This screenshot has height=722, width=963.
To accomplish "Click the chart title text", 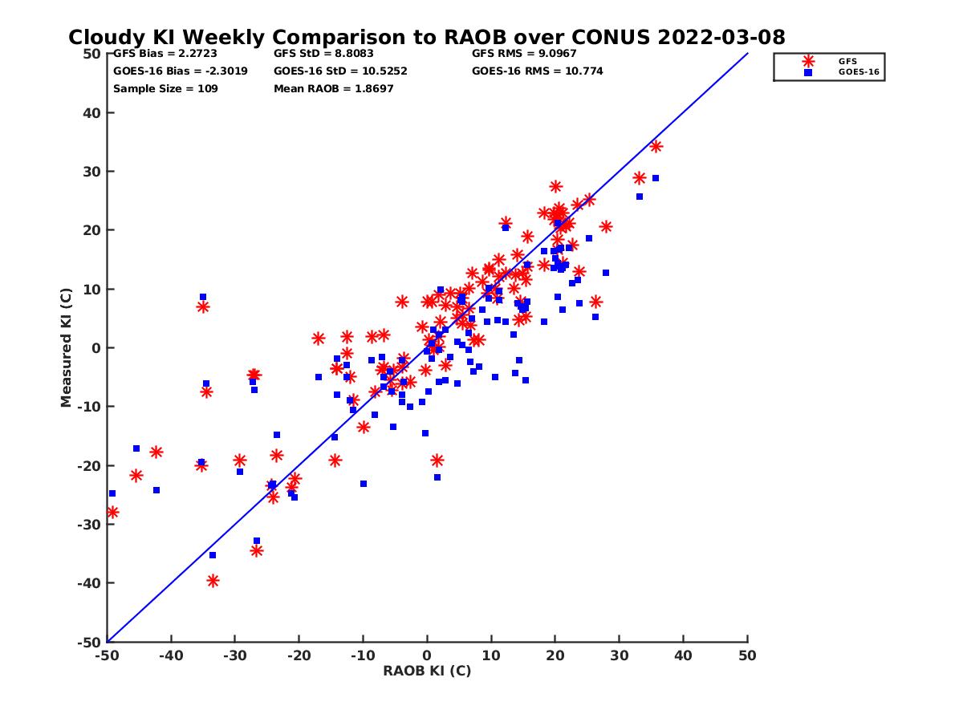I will point(426,38).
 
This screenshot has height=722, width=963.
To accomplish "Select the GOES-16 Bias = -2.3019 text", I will point(180,71).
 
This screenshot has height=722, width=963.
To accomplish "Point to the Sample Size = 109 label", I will point(165,88).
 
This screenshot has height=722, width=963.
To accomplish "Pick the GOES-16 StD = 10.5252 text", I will point(340,71).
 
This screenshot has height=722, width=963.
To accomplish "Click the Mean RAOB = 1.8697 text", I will point(333,88).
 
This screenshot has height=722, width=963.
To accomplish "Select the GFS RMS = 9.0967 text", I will point(524,54).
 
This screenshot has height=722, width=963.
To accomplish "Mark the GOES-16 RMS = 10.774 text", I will point(537,71).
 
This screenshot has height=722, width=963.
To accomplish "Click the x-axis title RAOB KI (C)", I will point(427,671).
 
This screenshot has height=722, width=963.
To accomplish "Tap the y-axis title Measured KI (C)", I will point(66,347).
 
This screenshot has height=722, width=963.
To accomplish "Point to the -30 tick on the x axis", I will point(234,655).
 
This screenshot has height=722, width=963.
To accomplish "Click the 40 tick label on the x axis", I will point(683,655).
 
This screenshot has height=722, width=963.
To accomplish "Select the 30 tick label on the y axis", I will point(91,172).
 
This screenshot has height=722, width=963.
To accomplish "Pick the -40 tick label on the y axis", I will point(88,583).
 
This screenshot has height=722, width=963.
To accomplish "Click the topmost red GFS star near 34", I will point(656,146).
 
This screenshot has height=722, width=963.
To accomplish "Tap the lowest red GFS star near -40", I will point(213,581).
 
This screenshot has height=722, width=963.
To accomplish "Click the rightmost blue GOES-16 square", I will point(656,178).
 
